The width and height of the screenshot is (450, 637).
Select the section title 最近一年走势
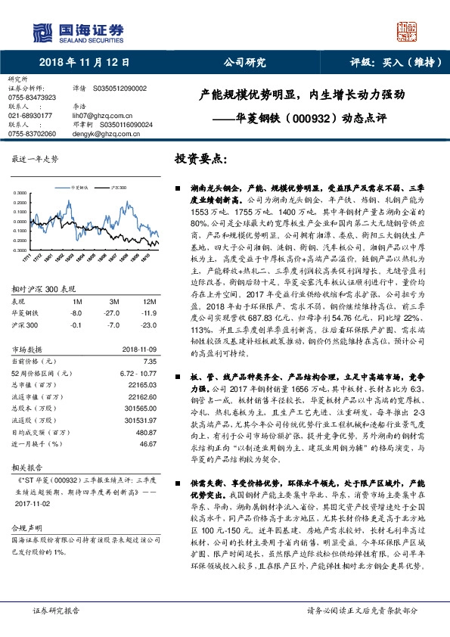[x=36, y=160]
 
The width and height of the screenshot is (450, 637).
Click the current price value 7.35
[x=149, y=340]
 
